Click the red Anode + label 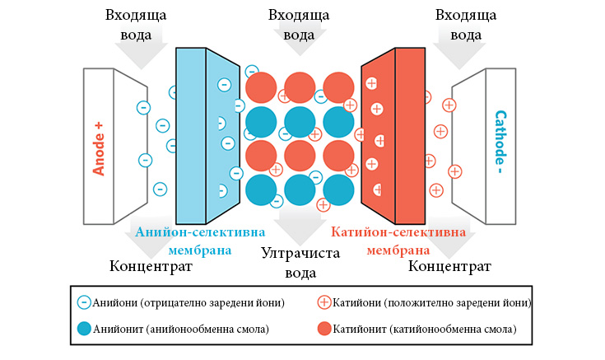tap(99, 149)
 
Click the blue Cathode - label tap(500, 142)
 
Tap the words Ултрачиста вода tap(300, 263)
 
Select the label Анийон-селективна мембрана tap(200, 241)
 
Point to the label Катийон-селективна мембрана tap(398, 241)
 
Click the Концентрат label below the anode tap(151, 266)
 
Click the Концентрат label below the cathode tap(449, 266)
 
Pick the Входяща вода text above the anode tap(136, 25)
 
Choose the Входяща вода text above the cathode tap(466, 25)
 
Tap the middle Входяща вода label tap(299, 25)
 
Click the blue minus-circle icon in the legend tap(84, 302)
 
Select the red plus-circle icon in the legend tap(324, 302)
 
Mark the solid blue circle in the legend tap(84, 329)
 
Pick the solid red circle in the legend tap(324, 329)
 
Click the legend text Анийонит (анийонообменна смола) tap(181, 329)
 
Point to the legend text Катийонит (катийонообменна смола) tap(425, 329)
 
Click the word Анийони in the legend tap(114, 302)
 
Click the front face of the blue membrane tap(191, 136)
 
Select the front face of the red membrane tap(410, 136)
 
